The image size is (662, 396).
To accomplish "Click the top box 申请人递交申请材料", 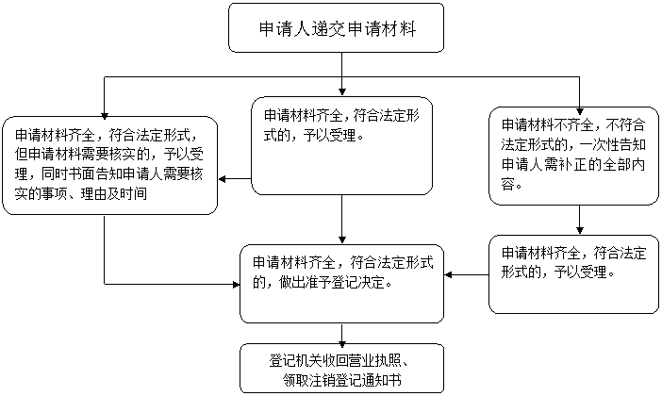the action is click(336, 28).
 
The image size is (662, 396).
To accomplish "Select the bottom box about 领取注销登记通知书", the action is click(342, 369).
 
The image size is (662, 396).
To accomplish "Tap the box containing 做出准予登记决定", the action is click(342, 284).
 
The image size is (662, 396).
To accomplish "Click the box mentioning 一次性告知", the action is click(573, 156).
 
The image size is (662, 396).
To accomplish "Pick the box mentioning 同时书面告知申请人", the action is click(109, 166).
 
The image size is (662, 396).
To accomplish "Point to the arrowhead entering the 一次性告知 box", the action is click(579, 111).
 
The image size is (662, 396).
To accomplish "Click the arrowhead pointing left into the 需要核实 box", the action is click(223, 179).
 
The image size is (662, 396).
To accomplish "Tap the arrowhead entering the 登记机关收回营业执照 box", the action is click(342, 339).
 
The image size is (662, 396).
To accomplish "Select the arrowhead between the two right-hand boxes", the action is click(579, 230).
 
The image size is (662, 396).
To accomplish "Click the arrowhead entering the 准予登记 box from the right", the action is click(448, 274).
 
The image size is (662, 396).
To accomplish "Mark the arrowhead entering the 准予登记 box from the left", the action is click(236, 284).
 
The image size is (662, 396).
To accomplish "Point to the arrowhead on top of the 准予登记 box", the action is click(342, 240).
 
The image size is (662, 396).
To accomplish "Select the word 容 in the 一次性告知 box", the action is click(507, 184).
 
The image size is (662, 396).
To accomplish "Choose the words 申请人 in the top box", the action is click(279, 28).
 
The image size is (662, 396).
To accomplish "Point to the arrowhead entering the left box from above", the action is click(105, 116).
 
